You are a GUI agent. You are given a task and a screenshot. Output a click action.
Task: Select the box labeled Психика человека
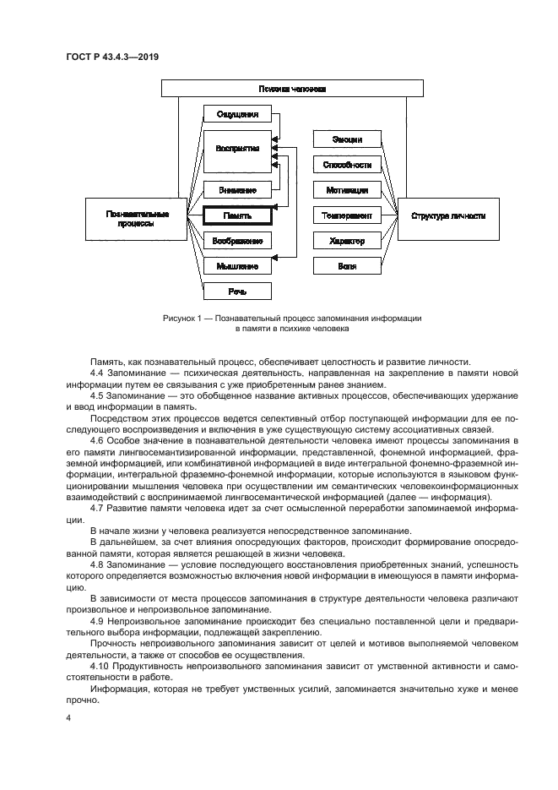point(292,88)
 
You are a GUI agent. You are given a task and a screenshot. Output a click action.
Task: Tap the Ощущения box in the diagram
point(237,114)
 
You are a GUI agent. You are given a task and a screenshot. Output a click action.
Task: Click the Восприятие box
point(237,148)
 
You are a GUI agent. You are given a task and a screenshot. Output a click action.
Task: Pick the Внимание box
point(237,190)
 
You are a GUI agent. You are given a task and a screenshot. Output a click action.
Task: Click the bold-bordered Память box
point(237,215)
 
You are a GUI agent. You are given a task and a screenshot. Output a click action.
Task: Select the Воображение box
point(237,241)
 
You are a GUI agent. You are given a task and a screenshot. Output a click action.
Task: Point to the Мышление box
point(237,266)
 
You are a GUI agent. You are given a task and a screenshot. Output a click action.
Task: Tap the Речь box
point(237,291)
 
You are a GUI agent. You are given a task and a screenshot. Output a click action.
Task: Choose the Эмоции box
point(346,139)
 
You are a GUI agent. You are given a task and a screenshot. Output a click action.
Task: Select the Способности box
point(346,165)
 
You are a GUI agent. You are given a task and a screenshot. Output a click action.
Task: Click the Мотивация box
point(346,190)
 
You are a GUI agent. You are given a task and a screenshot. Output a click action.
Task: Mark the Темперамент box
point(346,215)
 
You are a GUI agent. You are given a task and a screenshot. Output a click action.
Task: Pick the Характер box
point(346,241)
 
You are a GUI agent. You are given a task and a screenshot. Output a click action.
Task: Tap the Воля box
point(346,266)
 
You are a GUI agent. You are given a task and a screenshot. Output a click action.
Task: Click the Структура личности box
point(447,215)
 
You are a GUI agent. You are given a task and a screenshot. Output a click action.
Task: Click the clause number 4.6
point(97,442)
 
